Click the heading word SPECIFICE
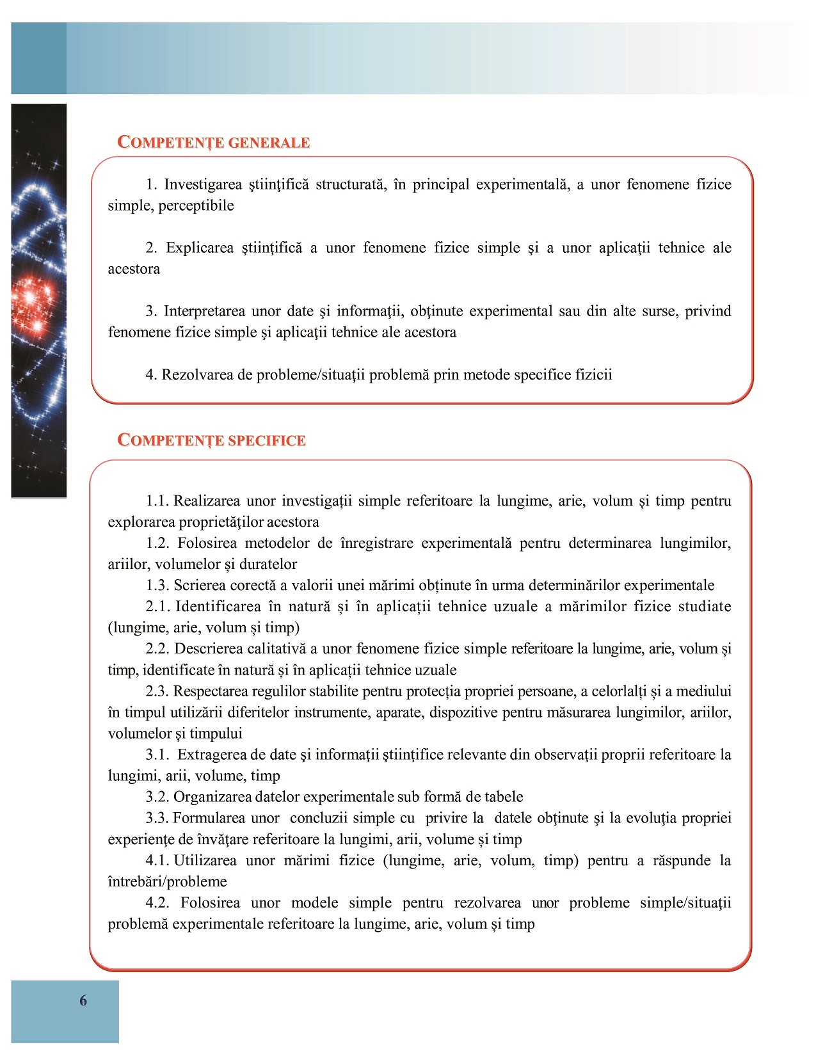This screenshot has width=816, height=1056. (x=267, y=440)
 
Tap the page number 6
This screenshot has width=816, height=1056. (x=83, y=1001)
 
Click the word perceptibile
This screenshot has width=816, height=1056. (x=196, y=206)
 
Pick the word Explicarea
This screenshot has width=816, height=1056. (x=200, y=248)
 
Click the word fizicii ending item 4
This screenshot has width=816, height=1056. (x=593, y=375)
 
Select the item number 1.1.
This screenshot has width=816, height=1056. (x=157, y=501)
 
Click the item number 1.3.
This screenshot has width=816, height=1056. (x=157, y=586)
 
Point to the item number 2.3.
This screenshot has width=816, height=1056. (x=157, y=692)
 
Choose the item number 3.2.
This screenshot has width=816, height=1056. (x=157, y=797)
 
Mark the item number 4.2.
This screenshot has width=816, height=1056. (x=157, y=903)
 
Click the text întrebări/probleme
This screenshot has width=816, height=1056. (x=167, y=882)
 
